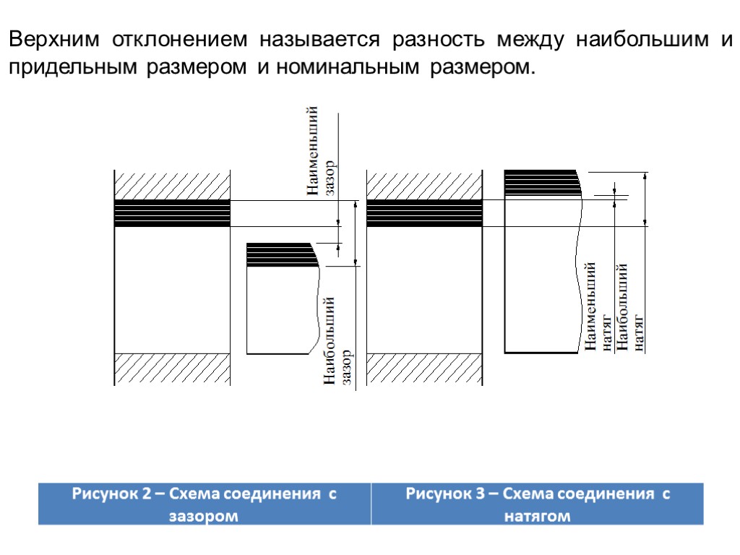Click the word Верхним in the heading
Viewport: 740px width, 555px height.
click(x=54, y=40)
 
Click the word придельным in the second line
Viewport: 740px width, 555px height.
click(x=72, y=68)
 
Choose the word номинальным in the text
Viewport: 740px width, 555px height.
click(x=347, y=68)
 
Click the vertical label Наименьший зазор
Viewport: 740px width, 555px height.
click(x=321, y=152)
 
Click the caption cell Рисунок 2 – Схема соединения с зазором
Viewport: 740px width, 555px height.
click(x=204, y=504)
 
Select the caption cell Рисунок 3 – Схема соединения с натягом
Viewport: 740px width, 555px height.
click(x=538, y=504)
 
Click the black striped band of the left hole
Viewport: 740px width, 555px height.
click(x=172, y=213)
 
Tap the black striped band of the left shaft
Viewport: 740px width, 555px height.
click(x=280, y=255)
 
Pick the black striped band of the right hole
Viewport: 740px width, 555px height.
click(x=424, y=213)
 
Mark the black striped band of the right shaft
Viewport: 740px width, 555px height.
click(x=541, y=182)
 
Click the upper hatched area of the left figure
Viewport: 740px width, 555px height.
click(x=172, y=185)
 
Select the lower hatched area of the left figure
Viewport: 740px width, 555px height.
click(x=172, y=369)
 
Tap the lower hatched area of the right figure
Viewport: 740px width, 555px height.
click(x=424, y=369)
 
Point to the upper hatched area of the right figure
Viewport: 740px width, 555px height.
click(x=424, y=185)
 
